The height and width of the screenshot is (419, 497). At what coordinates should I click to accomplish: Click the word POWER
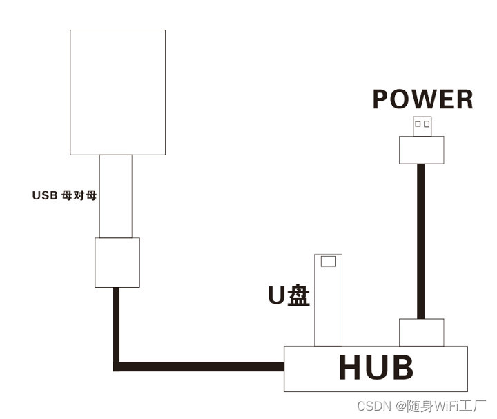(422, 100)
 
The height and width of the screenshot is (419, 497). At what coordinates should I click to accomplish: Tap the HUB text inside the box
(376, 368)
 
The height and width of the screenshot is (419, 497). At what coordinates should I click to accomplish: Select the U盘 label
(289, 295)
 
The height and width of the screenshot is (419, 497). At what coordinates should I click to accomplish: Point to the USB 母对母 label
(64, 195)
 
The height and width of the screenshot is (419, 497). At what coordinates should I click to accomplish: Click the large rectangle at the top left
(118, 92)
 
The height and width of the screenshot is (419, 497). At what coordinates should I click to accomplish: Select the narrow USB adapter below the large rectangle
(115, 196)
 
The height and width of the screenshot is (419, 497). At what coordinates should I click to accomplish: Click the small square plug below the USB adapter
(117, 262)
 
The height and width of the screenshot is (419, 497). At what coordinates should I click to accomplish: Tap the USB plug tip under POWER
(422, 126)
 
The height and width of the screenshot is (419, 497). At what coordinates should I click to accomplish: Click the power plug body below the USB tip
(421, 149)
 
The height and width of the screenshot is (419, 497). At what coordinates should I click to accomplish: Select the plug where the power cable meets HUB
(421, 332)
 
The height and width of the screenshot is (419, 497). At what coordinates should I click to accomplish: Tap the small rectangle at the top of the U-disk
(329, 261)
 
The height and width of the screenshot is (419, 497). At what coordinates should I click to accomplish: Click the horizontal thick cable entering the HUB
(207, 366)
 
